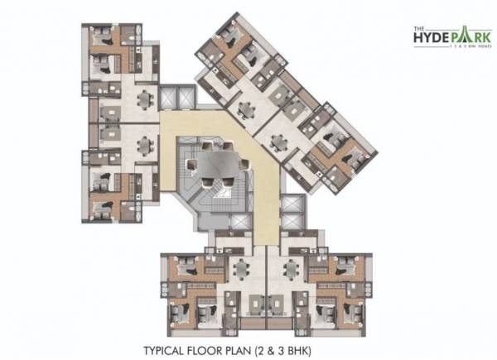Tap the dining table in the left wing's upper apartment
coord(146,98)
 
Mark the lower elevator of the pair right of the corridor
coord(290,223)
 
